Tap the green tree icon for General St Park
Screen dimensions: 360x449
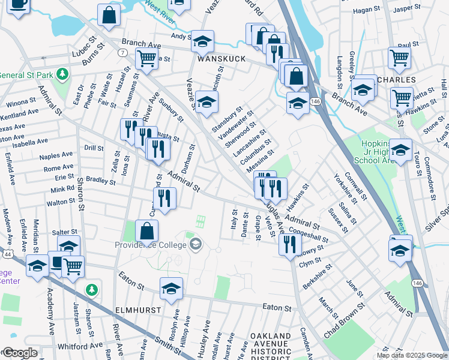click(x=61, y=74)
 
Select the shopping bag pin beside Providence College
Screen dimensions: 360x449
click(x=147, y=231)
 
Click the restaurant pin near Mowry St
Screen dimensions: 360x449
click(x=290, y=244)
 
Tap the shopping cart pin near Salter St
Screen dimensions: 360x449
click(x=73, y=266)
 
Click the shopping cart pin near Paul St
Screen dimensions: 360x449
click(x=399, y=58)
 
